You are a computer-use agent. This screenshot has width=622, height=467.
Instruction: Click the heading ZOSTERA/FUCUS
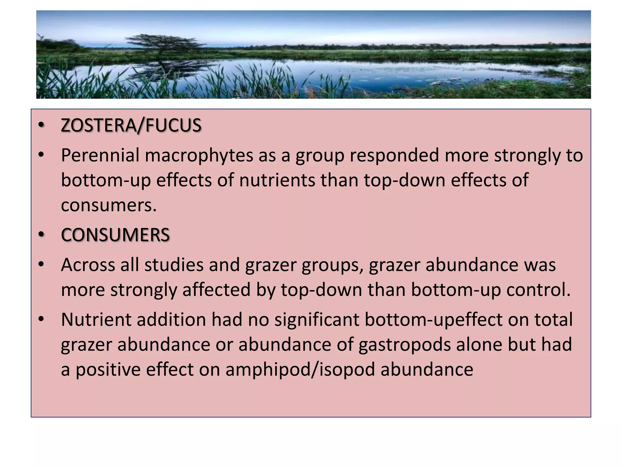(x=131, y=126)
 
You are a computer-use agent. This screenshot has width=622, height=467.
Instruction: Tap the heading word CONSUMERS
(x=115, y=235)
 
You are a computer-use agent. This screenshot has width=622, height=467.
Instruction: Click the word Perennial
(x=100, y=155)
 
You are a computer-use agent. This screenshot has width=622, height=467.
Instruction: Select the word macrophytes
(x=199, y=156)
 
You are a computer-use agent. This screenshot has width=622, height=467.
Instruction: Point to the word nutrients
(x=277, y=180)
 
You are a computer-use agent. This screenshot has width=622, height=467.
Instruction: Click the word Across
(x=88, y=265)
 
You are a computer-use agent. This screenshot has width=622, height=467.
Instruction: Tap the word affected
(x=216, y=290)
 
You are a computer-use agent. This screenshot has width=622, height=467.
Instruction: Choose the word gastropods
(x=404, y=345)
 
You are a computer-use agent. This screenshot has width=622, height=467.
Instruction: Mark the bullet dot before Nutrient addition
(x=41, y=319)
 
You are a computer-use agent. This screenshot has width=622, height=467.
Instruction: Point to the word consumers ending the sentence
(x=108, y=205)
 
